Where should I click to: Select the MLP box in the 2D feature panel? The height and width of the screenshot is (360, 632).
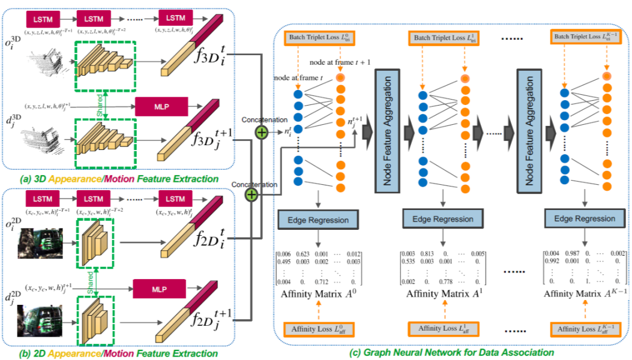(159, 290)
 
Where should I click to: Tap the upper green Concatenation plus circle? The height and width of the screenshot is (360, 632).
(260, 132)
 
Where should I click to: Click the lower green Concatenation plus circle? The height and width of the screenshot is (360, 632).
(251, 195)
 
